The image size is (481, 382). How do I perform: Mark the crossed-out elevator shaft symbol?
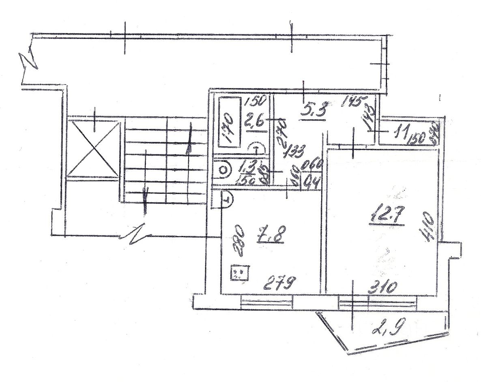point(93,148)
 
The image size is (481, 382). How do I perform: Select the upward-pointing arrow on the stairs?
point(189,144)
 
